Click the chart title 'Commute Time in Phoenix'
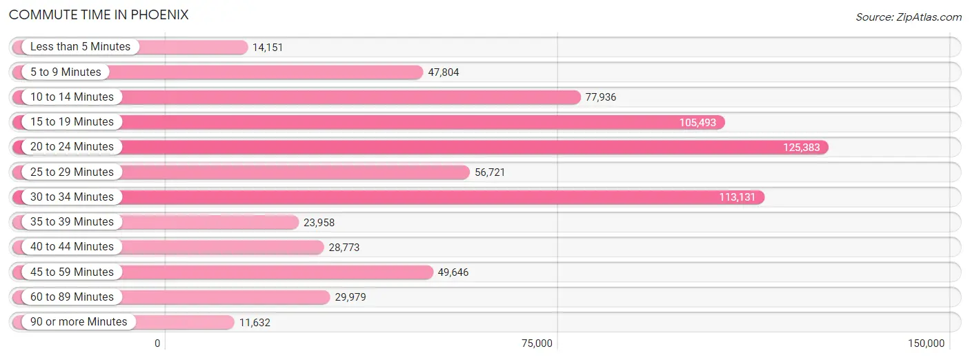click(x=99, y=15)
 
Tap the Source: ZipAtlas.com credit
click(x=909, y=17)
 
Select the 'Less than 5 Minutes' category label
click(x=80, y=47)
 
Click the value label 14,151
click(x=268, y=48)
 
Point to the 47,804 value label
click(x=444, y=72)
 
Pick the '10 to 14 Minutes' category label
click(x=72, y=97)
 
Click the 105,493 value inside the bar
click(x=697, y=123)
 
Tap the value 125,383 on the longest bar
click(x=802, y=148)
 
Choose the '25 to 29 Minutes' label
click(x=72, y=172)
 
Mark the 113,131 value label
click(x=737, y=197)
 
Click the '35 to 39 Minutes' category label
click(x=72, y=222)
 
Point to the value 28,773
click(x=344, y=248)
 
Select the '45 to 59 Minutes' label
click(x=72, y=272)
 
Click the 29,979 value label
click(x=350, y=297)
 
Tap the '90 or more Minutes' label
click(x=79, y=322)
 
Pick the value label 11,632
click(x=255, y=323)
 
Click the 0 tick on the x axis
click(x=157, y=343)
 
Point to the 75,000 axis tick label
click(x=537, y=343)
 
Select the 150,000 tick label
click(x=927, y=343)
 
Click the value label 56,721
click(x=490, y=172)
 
